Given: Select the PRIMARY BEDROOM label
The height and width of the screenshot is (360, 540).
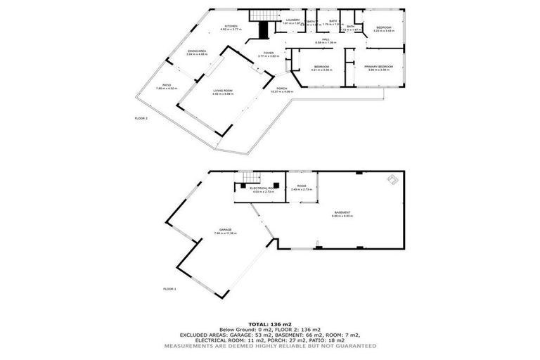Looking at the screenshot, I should (x=378, y=67).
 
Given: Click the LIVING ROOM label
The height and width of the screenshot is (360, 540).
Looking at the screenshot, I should (x=224, y=91).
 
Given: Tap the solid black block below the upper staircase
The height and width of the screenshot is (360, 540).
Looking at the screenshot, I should (x=264, y=31).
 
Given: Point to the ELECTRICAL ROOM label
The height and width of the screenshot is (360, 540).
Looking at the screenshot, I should (x=262, y=188).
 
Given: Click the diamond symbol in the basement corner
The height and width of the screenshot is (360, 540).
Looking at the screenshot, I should (x=391, y=180).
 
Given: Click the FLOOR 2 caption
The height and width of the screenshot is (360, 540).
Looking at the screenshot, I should (x=141, y=118).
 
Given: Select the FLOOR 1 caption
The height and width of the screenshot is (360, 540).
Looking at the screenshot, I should (x=169, y=289).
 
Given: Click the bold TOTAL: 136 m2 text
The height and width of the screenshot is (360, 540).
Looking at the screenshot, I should (x=269, y=323).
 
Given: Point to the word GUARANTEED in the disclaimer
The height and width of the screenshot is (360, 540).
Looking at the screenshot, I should (x=356, y=346).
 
